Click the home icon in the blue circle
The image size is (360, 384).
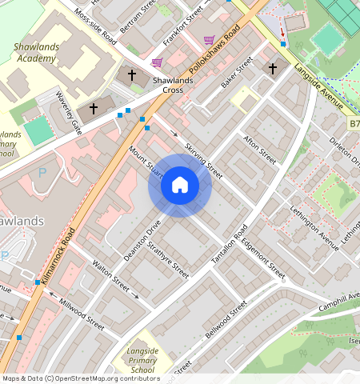(x=180, y=186)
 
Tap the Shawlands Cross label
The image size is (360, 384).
(x=161, y=85)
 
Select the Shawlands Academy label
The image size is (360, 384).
(x=37, y=53)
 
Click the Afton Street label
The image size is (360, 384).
(x=259, y=150)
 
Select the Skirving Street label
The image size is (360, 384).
(x=202, y=159)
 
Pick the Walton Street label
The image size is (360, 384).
(x=110, y=274)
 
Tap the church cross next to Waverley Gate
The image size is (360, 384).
(x=94, y=108)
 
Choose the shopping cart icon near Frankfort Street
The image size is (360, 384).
(x=209, y=40)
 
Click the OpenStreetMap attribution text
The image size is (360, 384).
(x=80, y=378)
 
